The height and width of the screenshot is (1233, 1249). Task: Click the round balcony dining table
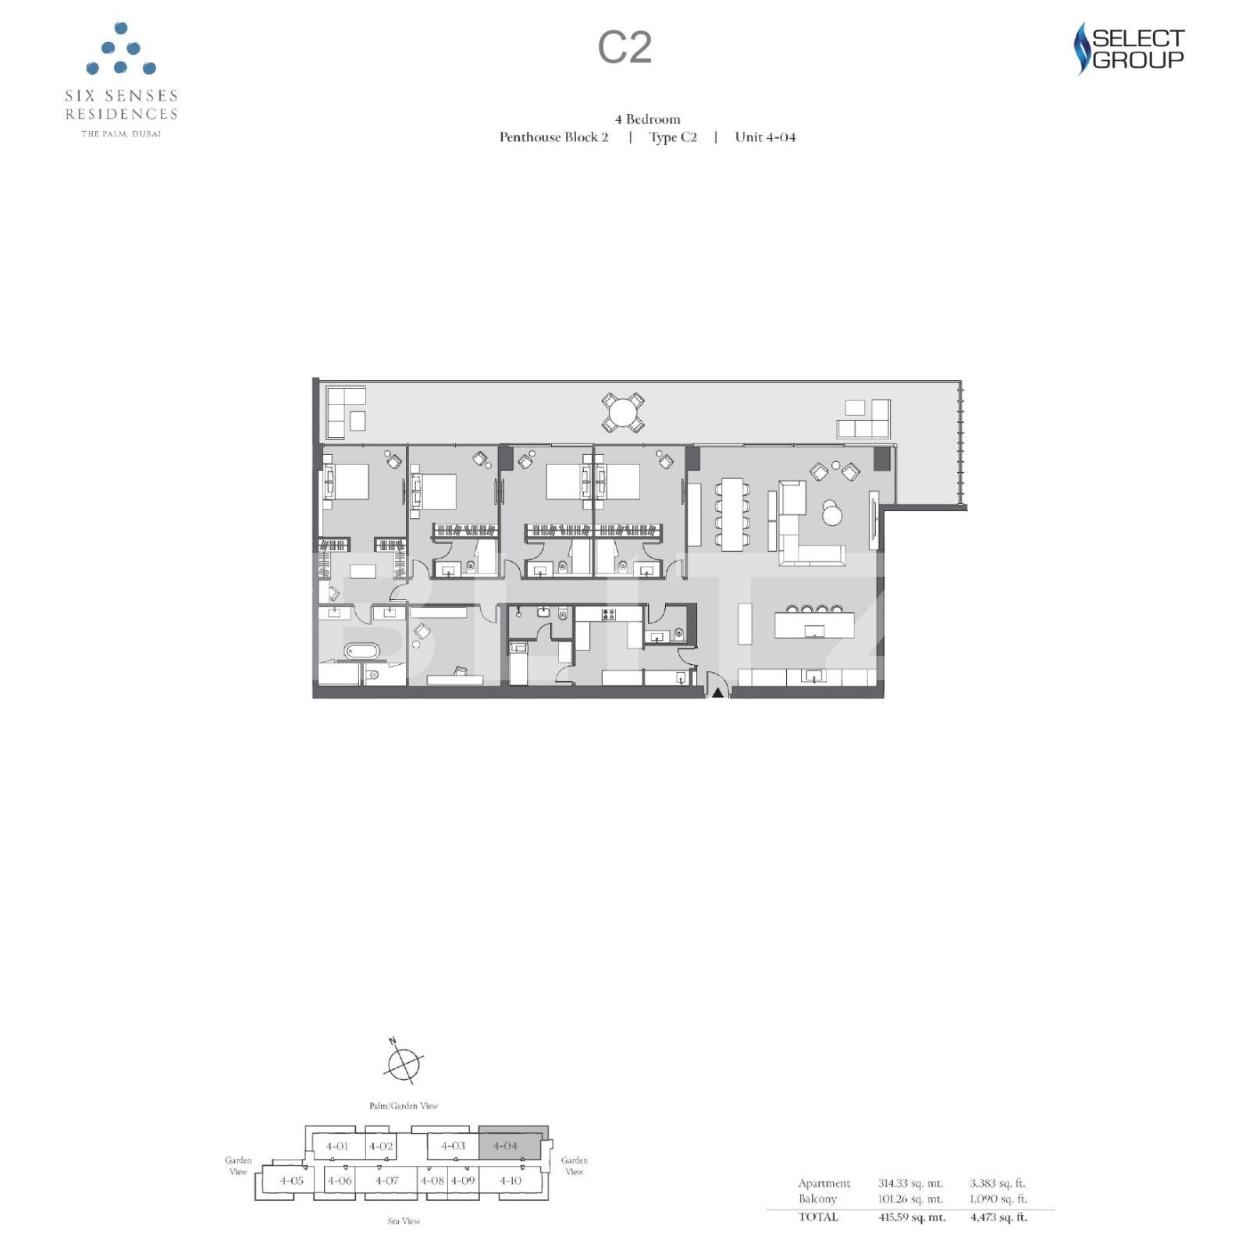[x=623, y=412]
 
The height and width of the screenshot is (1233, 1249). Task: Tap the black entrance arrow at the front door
[x=717, y=691]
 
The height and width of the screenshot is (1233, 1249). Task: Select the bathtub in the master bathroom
[x=361, y=651]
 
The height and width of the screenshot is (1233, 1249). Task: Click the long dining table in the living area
[x=732, y=513]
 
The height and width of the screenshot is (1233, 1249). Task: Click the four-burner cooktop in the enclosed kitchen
[x=608, y=614]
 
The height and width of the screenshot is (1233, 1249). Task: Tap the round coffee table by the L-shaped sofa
[x=832, y=514]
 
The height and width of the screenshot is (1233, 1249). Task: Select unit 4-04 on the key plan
[x=505, y=1146]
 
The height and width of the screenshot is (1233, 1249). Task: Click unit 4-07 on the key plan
[x=386, y=1180]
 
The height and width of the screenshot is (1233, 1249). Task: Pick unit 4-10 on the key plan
[x=511, y=1180]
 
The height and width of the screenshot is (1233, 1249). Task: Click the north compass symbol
[x=404, y=1063]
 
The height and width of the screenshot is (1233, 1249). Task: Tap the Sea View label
[x=404, y=1221]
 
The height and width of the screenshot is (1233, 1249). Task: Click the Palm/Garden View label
[x=404, y=1105]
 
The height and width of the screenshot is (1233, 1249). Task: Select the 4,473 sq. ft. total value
[x=998, y=1217]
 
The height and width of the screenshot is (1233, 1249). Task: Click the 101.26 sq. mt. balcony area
[x=910, y=1199]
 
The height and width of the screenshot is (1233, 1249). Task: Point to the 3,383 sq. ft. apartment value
[x=998, y=1183]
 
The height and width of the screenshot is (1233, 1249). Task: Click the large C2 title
[x=624, y=48]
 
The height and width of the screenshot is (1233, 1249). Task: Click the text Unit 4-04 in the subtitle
[x=765, y=137]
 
